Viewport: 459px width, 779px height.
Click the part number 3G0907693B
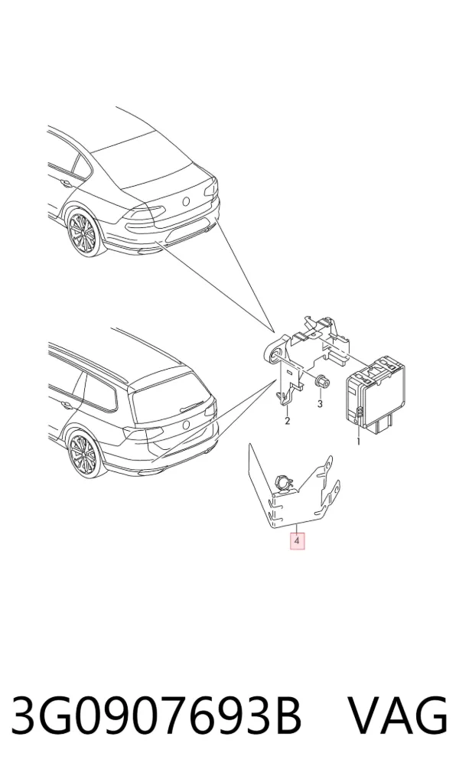pyautogui.click(x=156, y=715)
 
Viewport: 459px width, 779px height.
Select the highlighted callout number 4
pyautogui.click(x=297, y=540)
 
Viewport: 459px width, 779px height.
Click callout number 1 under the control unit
pyautogui.click(x=359, y=441)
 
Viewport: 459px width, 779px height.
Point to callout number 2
pyautogui.click(x=287, y=422)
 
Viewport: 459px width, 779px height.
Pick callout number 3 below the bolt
pyautogui.click(x=320, y=404)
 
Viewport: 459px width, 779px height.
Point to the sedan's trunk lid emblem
pyautogui.click(x=187, y=201)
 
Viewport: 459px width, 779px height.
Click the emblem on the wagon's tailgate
pyautogui.click(x=187, y=424)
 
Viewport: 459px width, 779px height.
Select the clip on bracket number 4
pyautogui.click(x=283, y=481)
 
